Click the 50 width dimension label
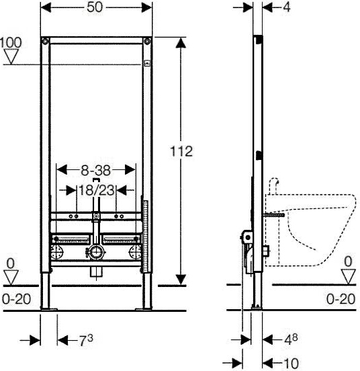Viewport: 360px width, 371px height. coord(95,7)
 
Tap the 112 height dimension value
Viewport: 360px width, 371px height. coord(181,151)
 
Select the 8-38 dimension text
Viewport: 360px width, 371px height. coord(96,170)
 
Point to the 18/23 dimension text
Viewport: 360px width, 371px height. coord(96,190)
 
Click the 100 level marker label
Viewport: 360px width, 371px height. coord(11,42)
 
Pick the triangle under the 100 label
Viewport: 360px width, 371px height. coord(11,56)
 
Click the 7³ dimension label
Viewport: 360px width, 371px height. coord(85,341)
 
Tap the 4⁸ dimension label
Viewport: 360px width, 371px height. coord(291,339)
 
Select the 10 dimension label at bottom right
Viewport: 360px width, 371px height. coord(291,363)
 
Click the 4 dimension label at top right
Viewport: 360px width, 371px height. coord(287,7)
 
